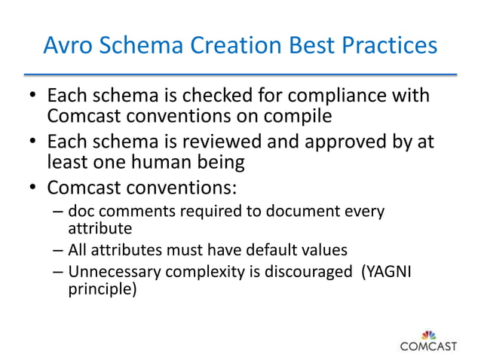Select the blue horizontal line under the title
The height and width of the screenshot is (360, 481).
(240, 74)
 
